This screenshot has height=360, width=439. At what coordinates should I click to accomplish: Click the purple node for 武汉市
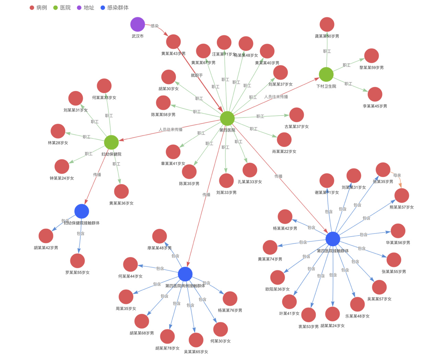138,24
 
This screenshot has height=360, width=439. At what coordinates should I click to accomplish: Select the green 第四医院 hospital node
227,119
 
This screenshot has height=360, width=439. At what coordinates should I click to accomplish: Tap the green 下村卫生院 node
326,74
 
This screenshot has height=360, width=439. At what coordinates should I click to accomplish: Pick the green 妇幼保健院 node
111,142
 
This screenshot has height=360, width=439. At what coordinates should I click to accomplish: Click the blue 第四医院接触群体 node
333,239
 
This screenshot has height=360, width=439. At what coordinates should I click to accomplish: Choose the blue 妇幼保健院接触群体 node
82,211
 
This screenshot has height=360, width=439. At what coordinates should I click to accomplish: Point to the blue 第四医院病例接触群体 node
185,274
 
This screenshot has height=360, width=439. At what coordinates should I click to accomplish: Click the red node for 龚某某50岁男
327,25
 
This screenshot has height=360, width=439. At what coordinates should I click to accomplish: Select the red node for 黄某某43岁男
174,42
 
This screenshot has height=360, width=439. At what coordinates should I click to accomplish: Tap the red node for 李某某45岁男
375,94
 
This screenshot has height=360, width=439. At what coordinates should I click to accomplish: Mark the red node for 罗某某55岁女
78,261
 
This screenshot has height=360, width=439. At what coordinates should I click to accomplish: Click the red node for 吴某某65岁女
196,340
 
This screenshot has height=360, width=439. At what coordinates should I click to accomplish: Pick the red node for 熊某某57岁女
402,196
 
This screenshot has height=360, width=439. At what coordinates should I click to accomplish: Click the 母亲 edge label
397,175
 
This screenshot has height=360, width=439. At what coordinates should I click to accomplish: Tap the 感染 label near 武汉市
155,26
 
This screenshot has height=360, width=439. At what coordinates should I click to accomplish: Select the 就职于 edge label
197,75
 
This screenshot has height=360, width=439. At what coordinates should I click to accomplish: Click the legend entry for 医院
62,8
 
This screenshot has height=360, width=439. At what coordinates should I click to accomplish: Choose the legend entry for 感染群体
115,8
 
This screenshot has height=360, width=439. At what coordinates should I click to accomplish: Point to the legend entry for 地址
85,8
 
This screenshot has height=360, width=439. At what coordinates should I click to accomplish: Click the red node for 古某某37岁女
296,115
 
